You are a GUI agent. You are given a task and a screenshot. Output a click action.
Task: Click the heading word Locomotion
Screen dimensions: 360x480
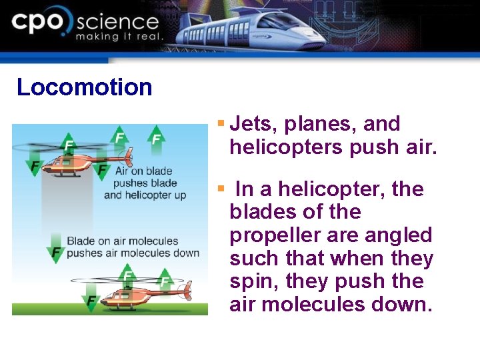(x=85, y=87)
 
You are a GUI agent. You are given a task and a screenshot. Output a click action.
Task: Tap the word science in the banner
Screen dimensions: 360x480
(x=117, y=22)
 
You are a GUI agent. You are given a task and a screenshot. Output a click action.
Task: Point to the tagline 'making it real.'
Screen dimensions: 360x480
(x=119, y=37)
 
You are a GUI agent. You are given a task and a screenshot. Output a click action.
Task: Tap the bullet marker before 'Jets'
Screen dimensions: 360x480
(x=221, y=123)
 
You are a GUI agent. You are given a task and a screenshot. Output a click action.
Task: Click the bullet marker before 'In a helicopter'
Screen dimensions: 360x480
(x=221, y=189)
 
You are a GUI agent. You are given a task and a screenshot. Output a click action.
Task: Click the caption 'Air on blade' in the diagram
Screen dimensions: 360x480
(x=143, y=171)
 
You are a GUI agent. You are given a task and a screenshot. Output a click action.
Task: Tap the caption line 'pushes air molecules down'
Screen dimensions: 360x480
(x=133, y=253)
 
